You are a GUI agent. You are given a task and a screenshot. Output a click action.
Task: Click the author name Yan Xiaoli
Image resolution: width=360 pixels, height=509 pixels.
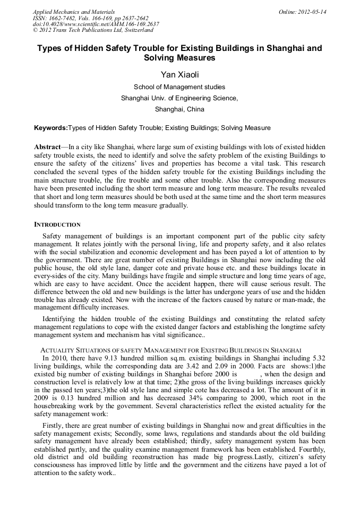pyautogui.click(x=179, y=74)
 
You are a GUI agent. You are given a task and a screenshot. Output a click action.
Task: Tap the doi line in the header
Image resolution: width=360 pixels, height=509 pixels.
pyautogui.click(x=96, y=24)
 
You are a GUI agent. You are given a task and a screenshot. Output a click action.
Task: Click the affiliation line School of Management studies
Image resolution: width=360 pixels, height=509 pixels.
pyautogui.click(x=179, y=87)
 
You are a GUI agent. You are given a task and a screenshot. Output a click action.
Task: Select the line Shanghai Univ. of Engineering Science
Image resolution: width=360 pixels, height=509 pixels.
pyautogui.click(x=179, y=98)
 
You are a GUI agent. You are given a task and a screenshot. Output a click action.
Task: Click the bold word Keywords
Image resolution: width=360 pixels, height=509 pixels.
pyautogui.click(x=50, y=128)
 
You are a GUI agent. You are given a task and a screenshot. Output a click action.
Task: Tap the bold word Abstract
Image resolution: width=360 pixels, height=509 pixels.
pyautogui.click(x=48, y=146)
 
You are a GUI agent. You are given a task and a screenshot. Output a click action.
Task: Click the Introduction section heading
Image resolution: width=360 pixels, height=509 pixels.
pyautogui.click(x=57, y=225)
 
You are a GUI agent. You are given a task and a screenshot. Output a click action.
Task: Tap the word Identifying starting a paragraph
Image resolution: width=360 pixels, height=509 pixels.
pyautogui.click(x=61, y=319)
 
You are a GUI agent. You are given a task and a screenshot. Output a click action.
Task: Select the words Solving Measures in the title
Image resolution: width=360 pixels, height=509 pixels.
pyautogui.click(x=179, y=57)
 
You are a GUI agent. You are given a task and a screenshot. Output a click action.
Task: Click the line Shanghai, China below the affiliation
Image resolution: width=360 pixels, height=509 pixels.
pyautogui.click(x=179, y=109)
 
